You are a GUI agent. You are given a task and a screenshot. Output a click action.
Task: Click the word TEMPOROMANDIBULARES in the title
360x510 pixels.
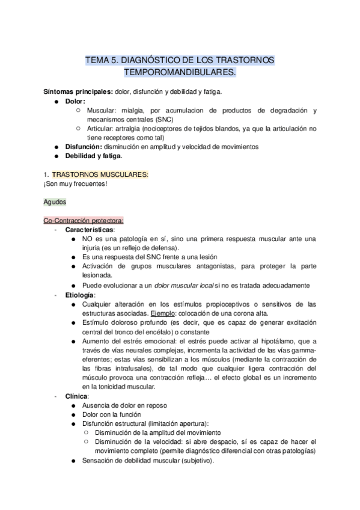coord(180,73)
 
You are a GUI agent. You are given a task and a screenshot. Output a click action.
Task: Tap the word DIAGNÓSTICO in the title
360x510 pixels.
coord(148,60)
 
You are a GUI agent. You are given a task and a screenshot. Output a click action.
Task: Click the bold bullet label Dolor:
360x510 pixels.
coord(76,102)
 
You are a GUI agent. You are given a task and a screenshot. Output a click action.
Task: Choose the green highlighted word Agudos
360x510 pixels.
coord(55,202)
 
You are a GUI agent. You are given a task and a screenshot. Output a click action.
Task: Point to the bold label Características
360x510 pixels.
coord(91,230)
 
